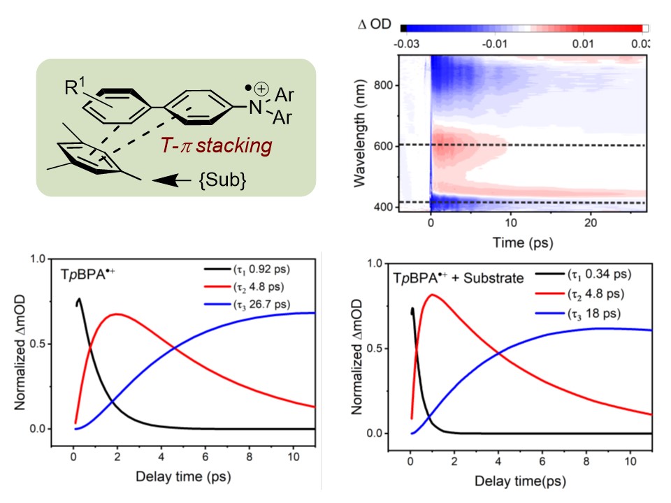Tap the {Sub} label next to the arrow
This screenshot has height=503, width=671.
(x=223, y=180)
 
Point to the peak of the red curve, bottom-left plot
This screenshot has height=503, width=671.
(x=117, y=314)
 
